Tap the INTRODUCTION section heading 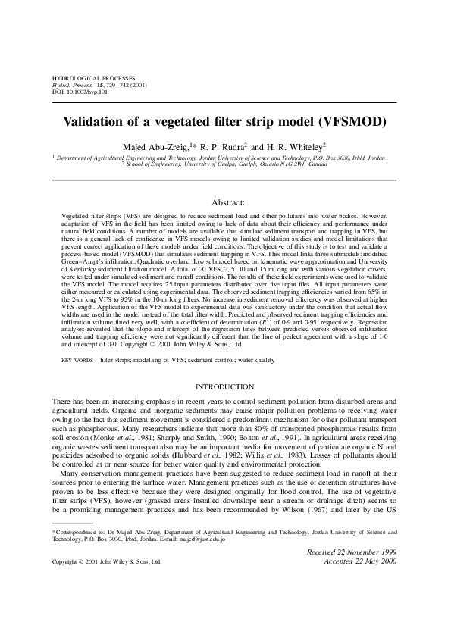click(225, 387)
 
